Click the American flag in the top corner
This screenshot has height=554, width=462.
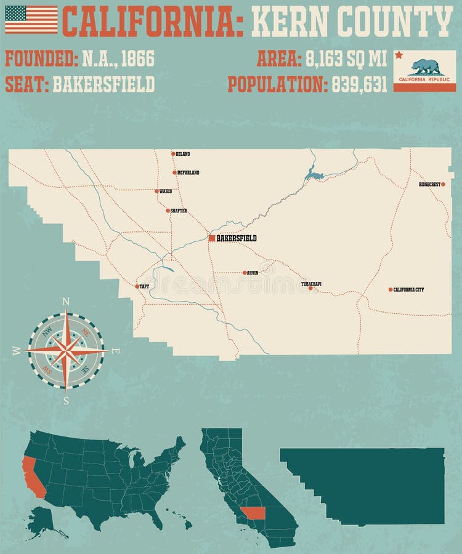point(31,20)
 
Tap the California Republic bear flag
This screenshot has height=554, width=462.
point(424,71)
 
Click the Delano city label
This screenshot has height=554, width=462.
point(183,154)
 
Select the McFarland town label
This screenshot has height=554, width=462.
point(188,173)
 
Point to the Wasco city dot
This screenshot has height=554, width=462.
point(156,191)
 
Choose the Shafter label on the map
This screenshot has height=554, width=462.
point(178,211)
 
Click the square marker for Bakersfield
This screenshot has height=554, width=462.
point(212,238)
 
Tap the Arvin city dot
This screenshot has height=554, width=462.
point(245,273)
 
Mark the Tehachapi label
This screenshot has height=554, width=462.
point(311,284)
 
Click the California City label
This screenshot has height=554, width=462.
point(408,289)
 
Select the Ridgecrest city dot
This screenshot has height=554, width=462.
point(443,184)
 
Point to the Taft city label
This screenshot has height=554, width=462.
point(144,286)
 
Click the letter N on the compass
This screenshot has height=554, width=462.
point(66,301)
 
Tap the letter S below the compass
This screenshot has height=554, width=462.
point(66,401)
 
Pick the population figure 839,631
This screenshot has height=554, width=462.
point(359,84)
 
